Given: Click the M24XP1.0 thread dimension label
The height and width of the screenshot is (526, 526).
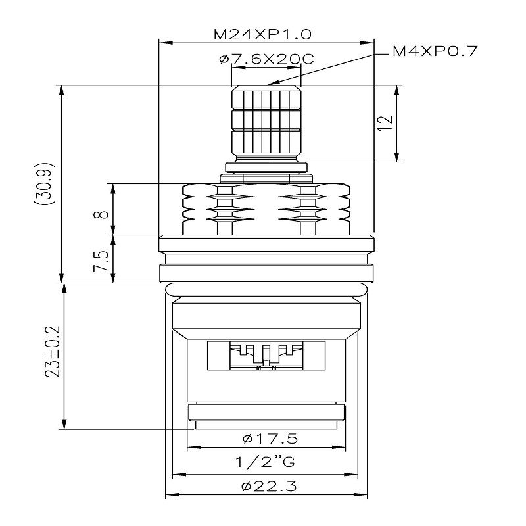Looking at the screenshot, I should click(x=266, y=34).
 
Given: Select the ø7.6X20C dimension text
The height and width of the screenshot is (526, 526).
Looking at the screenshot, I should click(x=266, y=60).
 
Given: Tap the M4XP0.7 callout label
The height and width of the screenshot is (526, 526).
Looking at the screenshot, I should click(x=435, y=51).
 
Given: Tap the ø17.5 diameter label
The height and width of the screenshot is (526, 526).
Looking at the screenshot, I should click(x=266, y=438).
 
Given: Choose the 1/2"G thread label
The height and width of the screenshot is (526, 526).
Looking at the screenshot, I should click(x=266, y=462).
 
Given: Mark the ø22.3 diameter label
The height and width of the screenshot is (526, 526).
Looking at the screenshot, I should click(x=266, y=487).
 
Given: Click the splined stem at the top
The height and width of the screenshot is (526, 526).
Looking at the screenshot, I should click(x=266, y=122).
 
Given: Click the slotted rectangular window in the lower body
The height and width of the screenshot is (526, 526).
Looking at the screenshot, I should click(x=266, y=356).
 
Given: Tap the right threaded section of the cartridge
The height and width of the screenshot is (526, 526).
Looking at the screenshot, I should click(x=333, y=207).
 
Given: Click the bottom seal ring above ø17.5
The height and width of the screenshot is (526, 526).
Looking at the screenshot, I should click(x=266, y=414).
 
